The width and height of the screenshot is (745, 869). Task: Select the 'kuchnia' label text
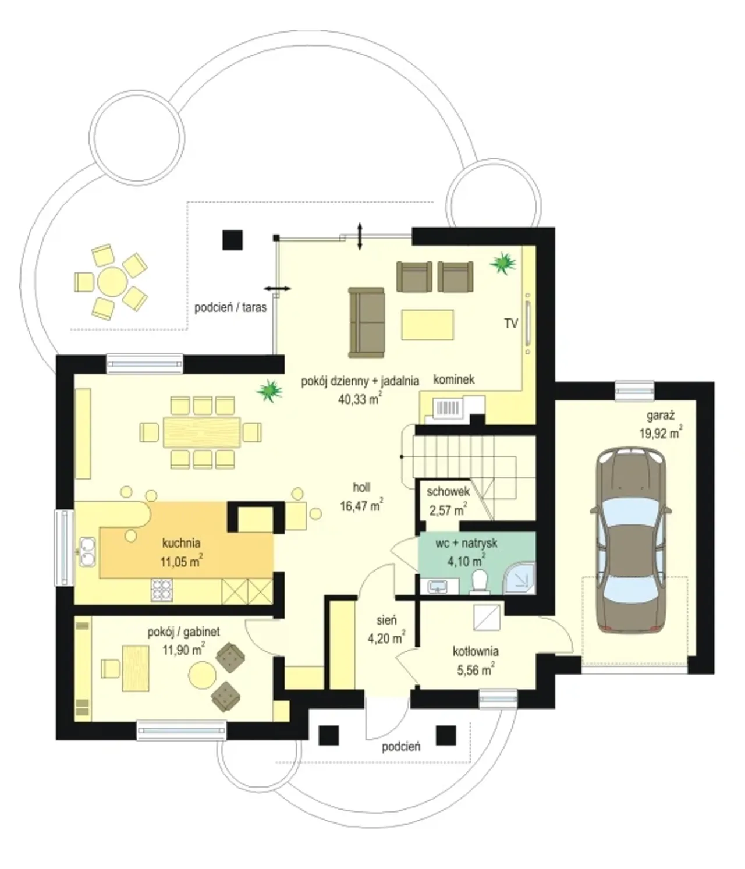[x=181, y=542]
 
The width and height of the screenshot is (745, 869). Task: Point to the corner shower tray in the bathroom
[x=520, y=578]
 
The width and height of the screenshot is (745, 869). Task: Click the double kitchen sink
[x=87, y=552]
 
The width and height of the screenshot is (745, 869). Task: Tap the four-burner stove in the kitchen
[x=161, y=589]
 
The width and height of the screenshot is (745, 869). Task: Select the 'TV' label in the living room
[x=511, y=323]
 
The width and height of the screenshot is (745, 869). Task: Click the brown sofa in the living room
[x=366, y=322]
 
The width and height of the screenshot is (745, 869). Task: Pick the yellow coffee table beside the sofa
[x=428, y=325]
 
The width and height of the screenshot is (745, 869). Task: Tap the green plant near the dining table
[x=270, y=391]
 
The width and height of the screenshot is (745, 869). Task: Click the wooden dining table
[x=201, y=432]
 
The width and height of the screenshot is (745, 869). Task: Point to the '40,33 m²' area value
[x=360, y=398]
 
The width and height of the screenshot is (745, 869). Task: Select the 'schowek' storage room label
[x=448, y=491]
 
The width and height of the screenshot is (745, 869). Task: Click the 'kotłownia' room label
[x=476, y=651]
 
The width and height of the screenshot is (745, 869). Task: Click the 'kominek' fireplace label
[x=453, y=379]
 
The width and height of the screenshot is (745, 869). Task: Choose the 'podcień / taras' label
[x=230, y=307]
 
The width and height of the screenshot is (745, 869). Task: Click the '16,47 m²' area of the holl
[x=361, y=505]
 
